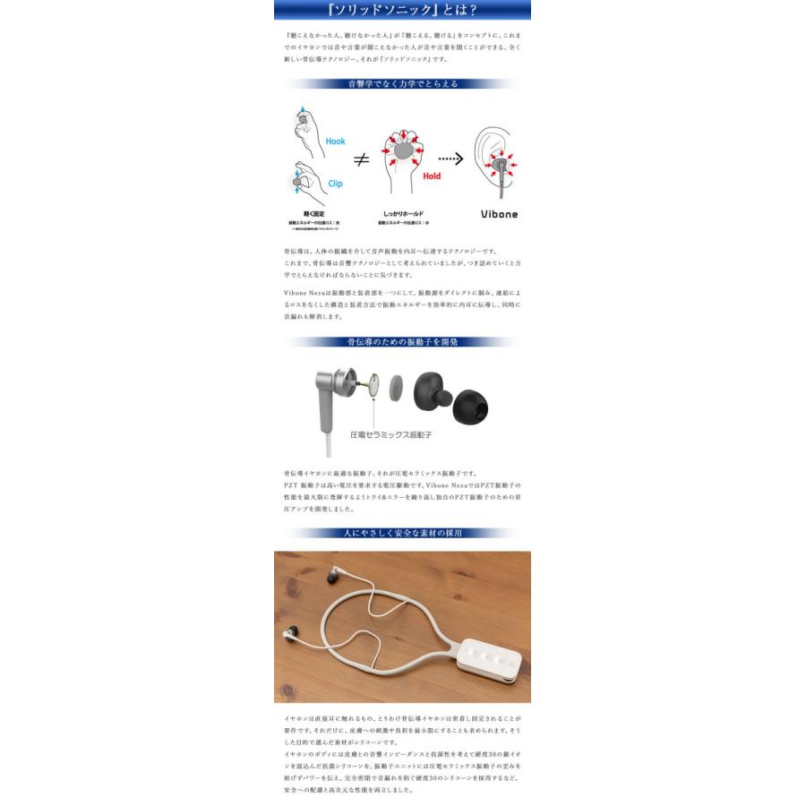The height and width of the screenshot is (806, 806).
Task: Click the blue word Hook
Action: [335, 141]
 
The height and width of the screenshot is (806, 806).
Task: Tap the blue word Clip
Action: [334, 184]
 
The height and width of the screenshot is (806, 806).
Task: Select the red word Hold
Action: [432, 176]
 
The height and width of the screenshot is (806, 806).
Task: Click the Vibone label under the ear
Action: [499, 215]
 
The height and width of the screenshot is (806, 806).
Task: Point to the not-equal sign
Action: [361, 160]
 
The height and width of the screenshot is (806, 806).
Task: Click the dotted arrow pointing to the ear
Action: [450, 159]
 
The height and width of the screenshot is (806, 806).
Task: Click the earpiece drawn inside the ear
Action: [499, 166]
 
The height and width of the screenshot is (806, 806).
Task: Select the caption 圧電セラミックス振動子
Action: [391, 434]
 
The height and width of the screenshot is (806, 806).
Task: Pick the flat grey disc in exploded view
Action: [396, 389]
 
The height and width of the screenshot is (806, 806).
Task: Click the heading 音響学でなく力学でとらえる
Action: [402, 84]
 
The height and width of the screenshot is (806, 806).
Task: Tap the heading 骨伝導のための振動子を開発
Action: [402, 342]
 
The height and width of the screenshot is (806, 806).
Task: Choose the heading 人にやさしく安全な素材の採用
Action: [402, 533]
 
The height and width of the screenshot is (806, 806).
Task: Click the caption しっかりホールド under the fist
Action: [403, 215]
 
